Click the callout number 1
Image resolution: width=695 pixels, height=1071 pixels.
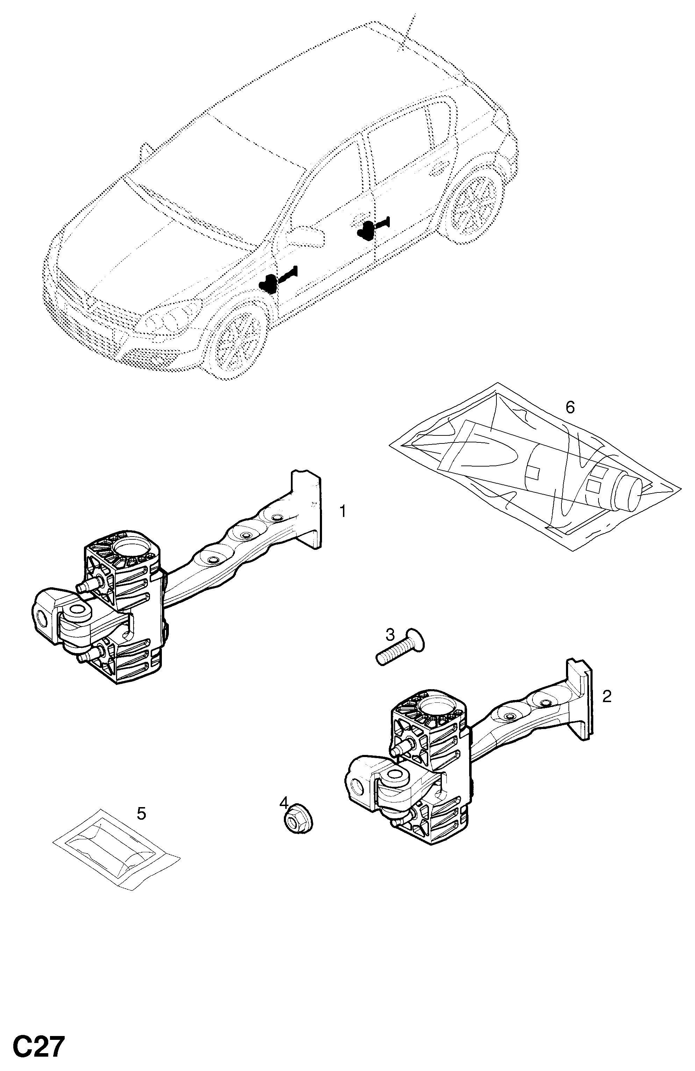click(x=343, y=512)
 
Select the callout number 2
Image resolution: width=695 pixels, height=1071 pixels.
click(x=607, y=696)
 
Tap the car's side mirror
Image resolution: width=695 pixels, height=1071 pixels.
click(x=307, y=235)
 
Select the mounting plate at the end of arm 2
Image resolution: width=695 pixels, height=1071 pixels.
click(x=580, y=700)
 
